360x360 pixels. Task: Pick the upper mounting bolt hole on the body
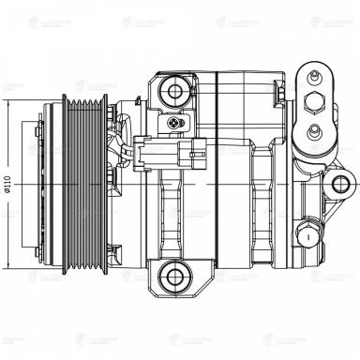pyautogui.click(x=172, y=91)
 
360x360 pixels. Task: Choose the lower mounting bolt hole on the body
pyautogui.click(x=172, y=275)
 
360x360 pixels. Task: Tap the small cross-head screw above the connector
pyautogui.click(x=172, y=122)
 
